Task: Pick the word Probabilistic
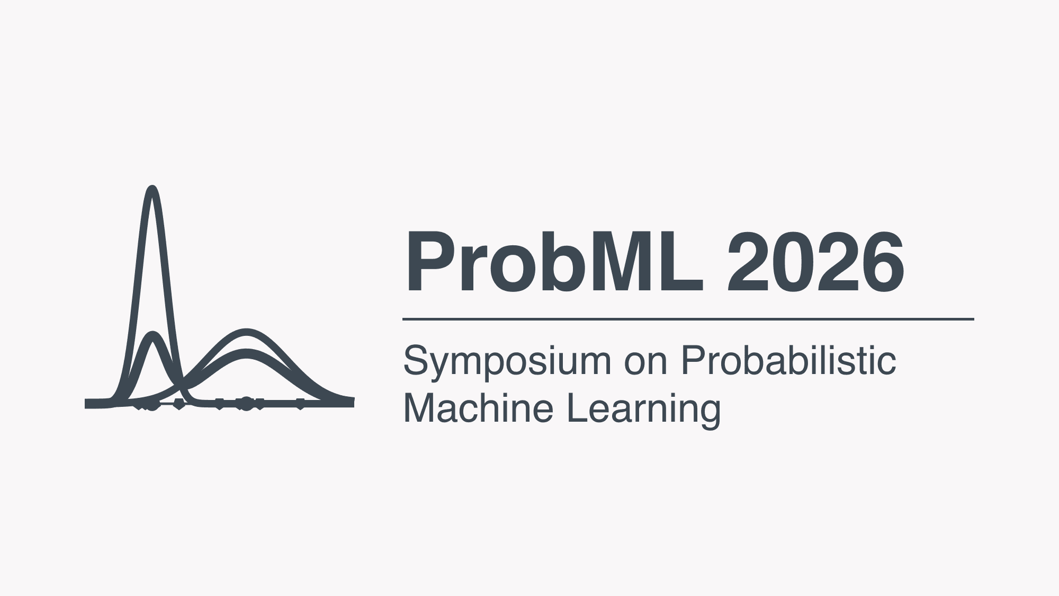[788, 361]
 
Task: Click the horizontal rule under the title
[688, 319]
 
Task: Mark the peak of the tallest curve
[152, 189]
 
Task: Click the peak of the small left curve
[153, 335]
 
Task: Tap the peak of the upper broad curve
[246, 332]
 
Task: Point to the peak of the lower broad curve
[246, 353]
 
